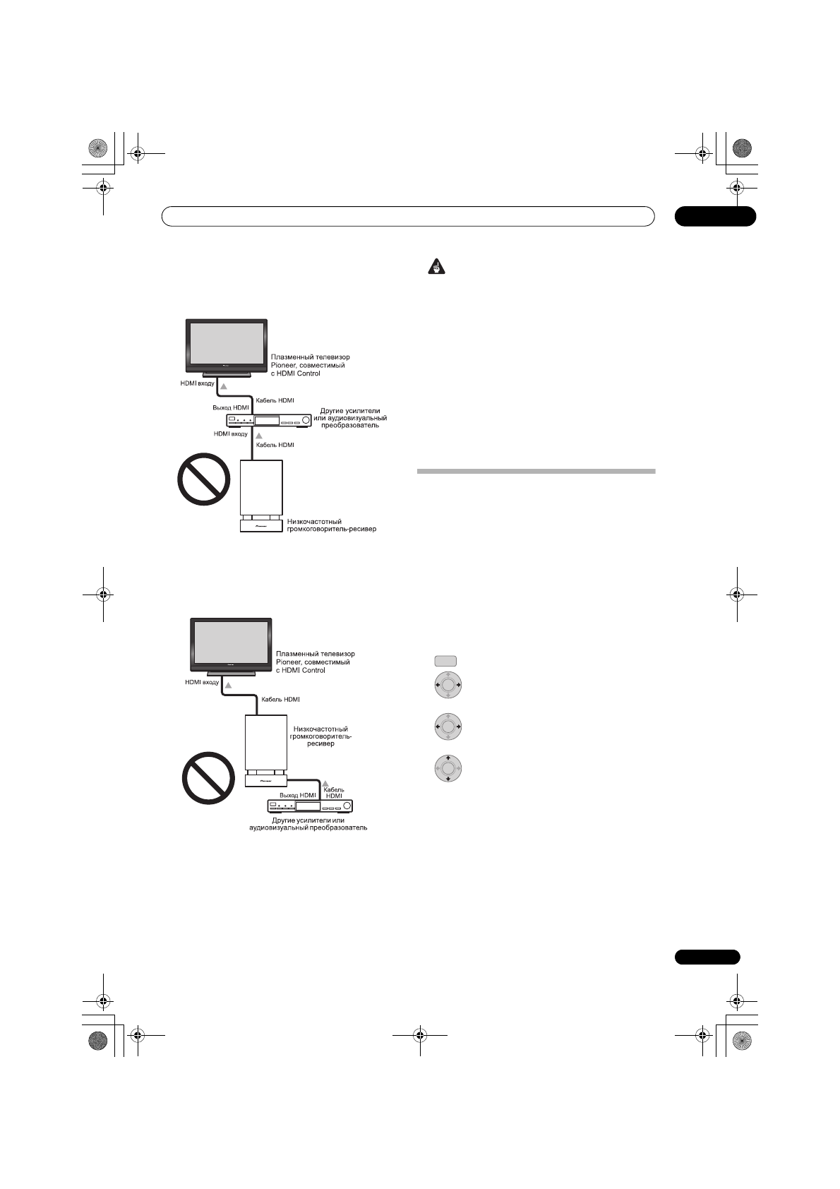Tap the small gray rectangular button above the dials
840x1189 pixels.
(x=445, y=661)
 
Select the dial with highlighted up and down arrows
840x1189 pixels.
(x=448, y=768)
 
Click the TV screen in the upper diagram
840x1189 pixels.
(x=227, y=343)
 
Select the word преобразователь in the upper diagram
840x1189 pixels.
(x=351, y=426)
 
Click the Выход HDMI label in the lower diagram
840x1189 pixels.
(x=298, y=795)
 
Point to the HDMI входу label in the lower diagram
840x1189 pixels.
(x=202, y=683)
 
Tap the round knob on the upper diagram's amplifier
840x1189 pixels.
(x=306, y=420)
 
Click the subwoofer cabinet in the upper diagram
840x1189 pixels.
(x=261, y=488)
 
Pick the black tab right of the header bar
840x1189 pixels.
(x=714, y=216)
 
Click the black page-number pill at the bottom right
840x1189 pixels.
(x=707, y=957)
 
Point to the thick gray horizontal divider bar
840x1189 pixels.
(x=536, y=472)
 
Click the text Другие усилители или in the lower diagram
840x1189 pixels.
(x=308, y=820)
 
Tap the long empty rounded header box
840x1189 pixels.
(x=407, y=216)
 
